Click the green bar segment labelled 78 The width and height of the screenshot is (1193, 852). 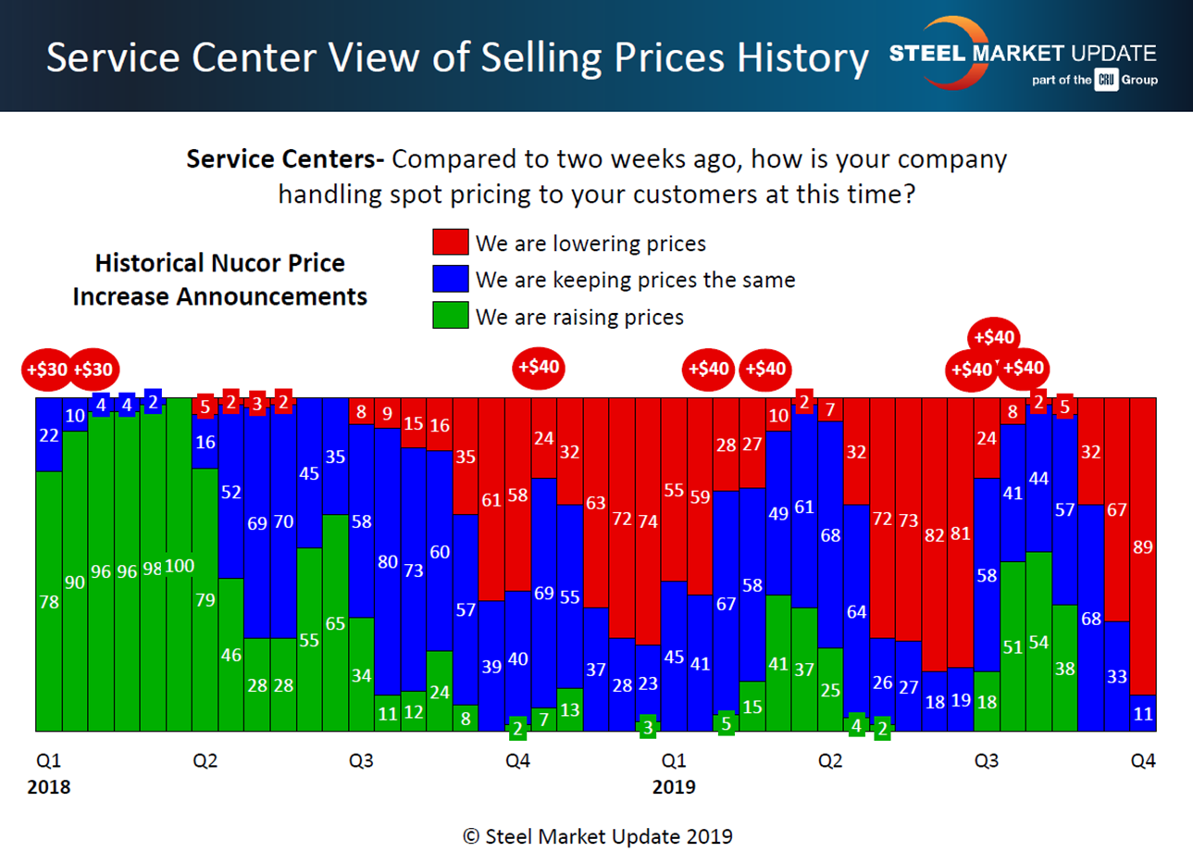click(x=48, y=602)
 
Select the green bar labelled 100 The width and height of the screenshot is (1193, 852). click(x=179, y=565)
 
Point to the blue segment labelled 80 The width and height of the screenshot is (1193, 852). click(x=388, y=561)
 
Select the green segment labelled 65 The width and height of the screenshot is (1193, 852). click(x=335, y=622)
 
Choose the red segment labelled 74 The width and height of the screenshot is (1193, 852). click(x=649, y=521)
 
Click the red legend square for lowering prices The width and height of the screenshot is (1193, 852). click(x=447, y=244)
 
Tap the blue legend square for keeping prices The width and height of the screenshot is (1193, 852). click(x=447, y=280)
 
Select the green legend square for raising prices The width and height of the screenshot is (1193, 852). click(x=447, y=317)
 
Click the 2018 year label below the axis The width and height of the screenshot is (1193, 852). click(x=47, y=788)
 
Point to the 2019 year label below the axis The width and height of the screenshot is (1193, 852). click(x=674, y=788)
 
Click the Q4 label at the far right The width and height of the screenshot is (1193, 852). click(x=1144, y=761)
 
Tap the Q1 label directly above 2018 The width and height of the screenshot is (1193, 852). click(x=47, y=761)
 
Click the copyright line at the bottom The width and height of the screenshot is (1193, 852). click(x=597, y=835)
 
